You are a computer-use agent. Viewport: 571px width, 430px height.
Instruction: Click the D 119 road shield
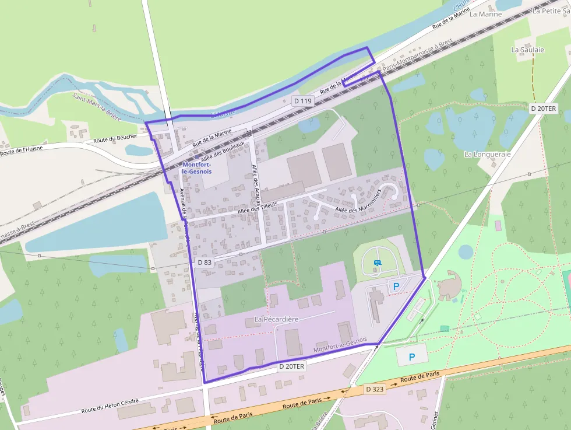point(304,101)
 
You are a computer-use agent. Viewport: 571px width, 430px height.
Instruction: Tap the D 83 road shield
point(205,263)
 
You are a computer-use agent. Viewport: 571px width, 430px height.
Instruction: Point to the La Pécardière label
point(277,319)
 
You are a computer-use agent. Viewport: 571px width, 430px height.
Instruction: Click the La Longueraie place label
point(487,154)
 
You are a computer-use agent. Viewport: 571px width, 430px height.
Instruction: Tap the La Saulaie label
point(527,50)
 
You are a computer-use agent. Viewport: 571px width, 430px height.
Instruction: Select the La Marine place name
point(485,14)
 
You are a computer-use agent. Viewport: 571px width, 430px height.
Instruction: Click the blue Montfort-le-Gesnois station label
point(197,168)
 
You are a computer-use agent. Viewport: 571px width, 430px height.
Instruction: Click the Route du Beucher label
point(115,139)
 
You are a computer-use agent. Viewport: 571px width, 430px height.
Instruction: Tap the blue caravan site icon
point(378,263)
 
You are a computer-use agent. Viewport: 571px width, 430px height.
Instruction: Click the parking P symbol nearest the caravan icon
point(396,286)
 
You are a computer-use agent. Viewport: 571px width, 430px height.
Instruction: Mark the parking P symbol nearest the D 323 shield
point(412,356)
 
